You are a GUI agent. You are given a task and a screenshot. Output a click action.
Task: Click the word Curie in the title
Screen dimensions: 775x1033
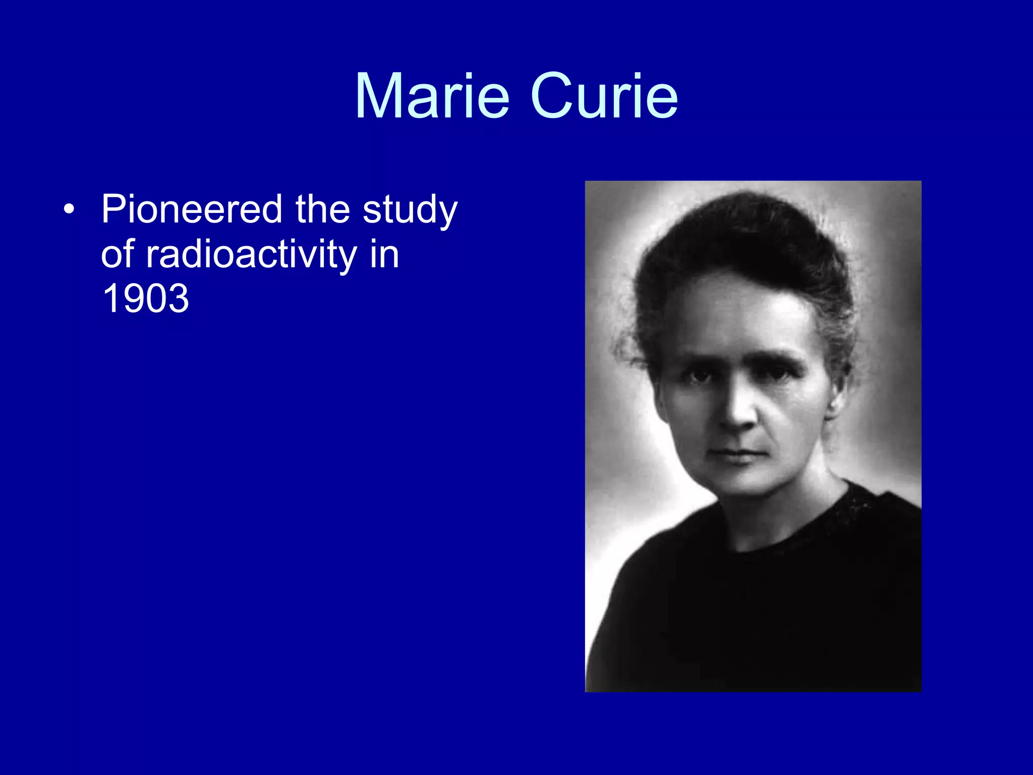pos(604,96)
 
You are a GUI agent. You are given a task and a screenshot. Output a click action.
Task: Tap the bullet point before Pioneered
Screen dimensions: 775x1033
pos(69,209)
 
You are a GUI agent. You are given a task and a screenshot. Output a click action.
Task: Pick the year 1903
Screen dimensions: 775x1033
pos(145,298)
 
